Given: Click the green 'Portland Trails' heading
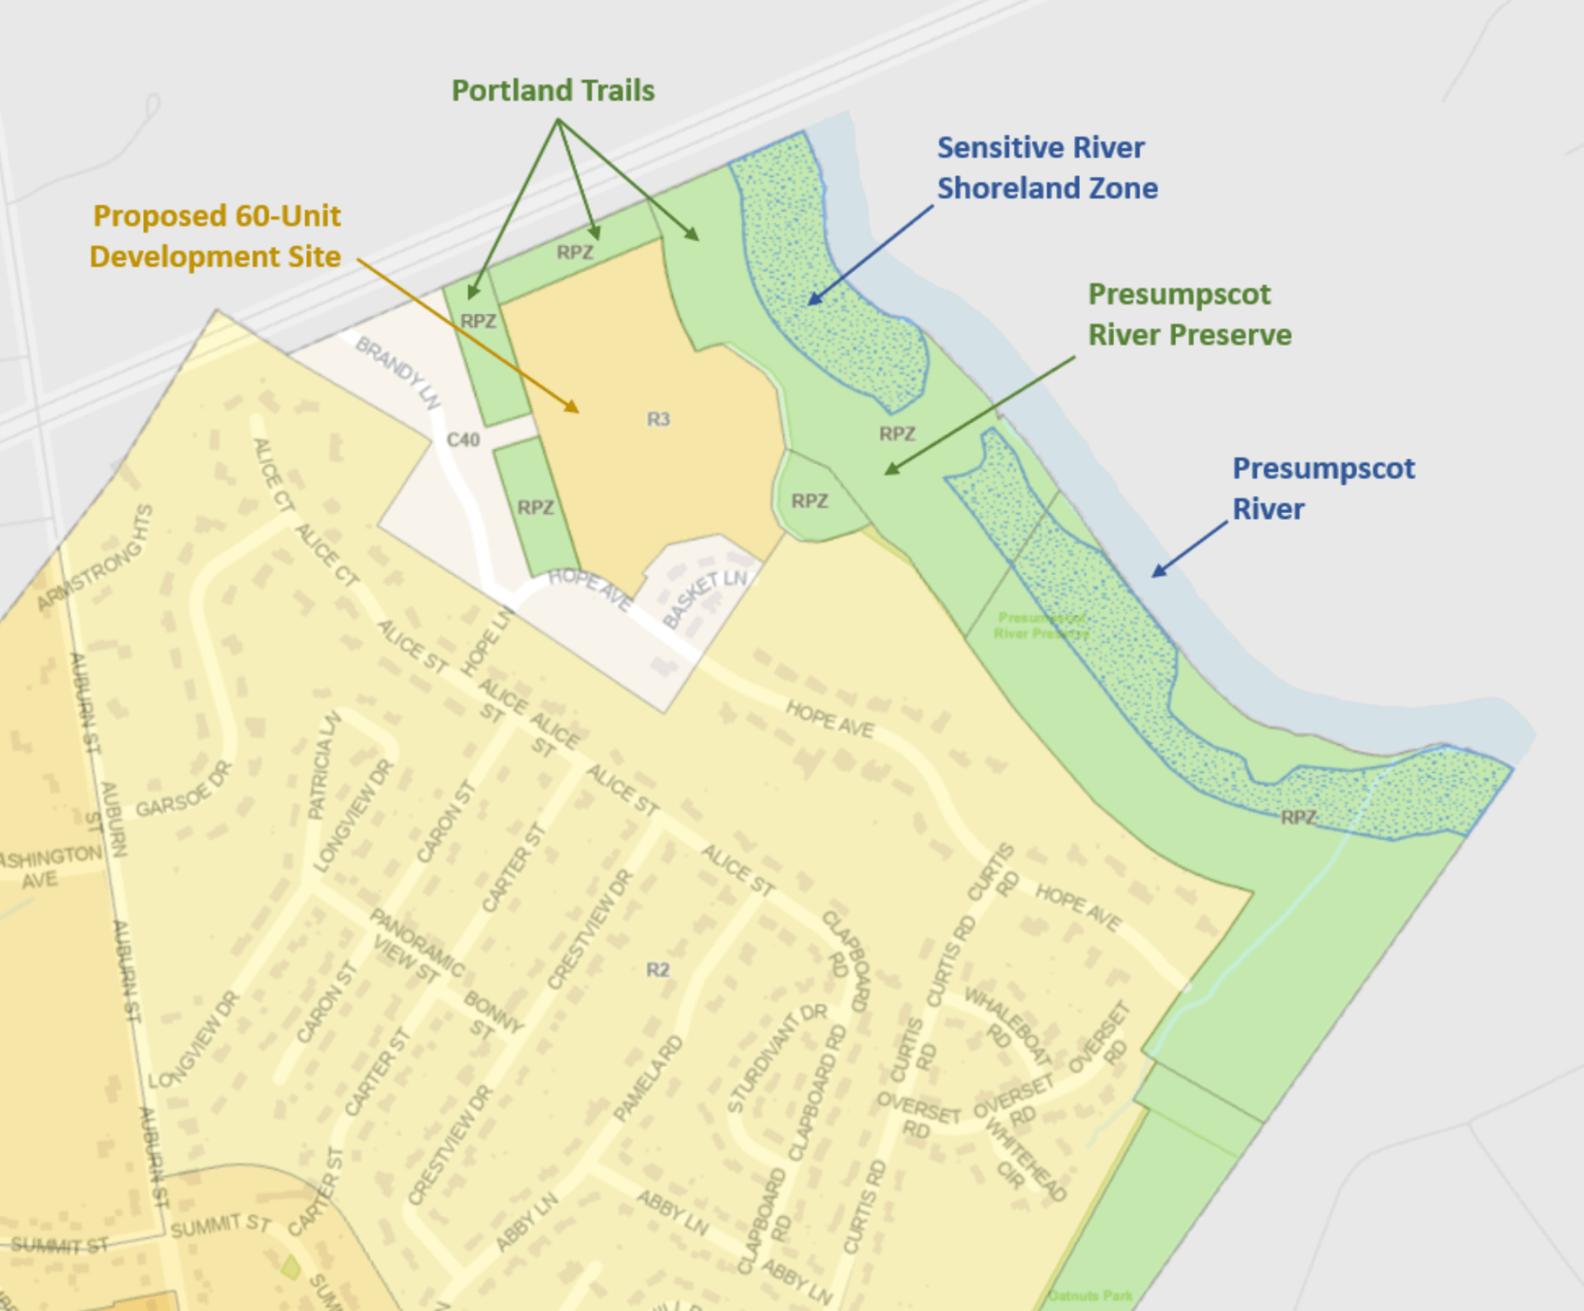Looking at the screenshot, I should click(553, 90).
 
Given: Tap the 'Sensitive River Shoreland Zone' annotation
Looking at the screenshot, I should click(1046, 168).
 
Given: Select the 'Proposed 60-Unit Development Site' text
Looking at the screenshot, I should click(215, 236).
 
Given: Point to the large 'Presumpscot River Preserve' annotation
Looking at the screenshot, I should click(1188, 315).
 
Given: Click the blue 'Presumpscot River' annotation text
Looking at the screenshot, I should click(1322, 488).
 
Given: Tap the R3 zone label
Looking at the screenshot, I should click(658, 420).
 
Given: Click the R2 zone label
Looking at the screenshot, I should click(657, 969).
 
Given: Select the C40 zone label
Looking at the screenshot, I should click(463, 439).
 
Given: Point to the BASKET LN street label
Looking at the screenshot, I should click(705, 598).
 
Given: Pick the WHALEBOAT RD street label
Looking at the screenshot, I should click(1006, 1026).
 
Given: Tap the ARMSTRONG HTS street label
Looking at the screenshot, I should click(97, 559).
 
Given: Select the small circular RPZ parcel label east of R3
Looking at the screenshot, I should click(809, 501).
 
